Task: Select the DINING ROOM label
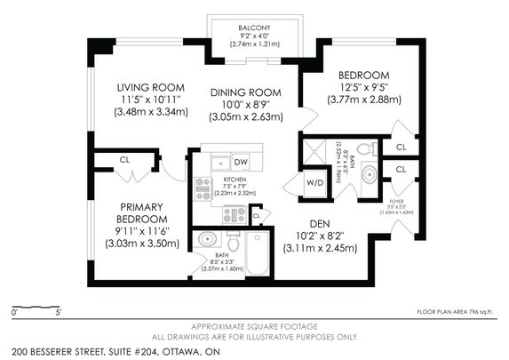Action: click(x=246, y=92)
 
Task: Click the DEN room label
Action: click(x=320, y=224)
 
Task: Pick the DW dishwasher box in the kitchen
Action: click(x=242, y=162)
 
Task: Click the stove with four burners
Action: click(x=234, y=214)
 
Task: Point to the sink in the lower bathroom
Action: click(x=208, y=240)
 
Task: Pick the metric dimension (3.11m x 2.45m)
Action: click(x=320, y=249)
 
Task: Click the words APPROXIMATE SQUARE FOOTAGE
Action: click(x=254, y=326)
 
